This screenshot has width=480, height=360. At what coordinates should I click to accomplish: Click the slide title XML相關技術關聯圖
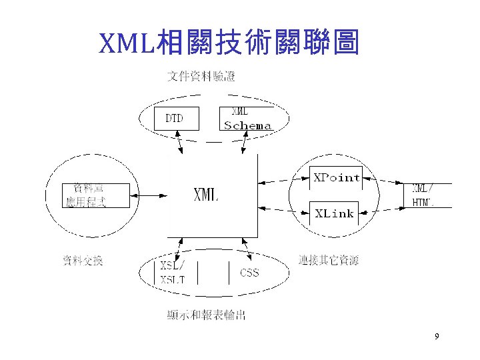click(x=229, y=43)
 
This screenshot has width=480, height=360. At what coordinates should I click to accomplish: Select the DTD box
click(x=173, y=119)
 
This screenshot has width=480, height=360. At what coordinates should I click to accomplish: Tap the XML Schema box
click(x=247, y=118)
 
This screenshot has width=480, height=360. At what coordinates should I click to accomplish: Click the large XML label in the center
click(x=206, y=196)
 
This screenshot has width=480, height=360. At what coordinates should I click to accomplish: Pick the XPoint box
click(x=337, y=177)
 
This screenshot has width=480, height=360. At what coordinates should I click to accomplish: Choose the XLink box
click(x=334, y=213)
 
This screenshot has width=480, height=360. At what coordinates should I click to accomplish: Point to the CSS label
click(x=249, y=273)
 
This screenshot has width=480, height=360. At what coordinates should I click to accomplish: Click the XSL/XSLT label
click(x=173, y=272)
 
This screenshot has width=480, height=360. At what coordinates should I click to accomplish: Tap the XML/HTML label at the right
click(x=424, y=195)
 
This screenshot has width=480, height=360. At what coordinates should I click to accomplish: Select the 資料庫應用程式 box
click(x=87, y=195)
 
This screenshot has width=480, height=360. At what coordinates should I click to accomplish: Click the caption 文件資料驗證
click(x=201, y=77)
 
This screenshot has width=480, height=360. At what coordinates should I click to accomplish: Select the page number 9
click(x=437, y=337)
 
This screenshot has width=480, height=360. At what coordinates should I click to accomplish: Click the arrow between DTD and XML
click(x=179, y=143)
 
